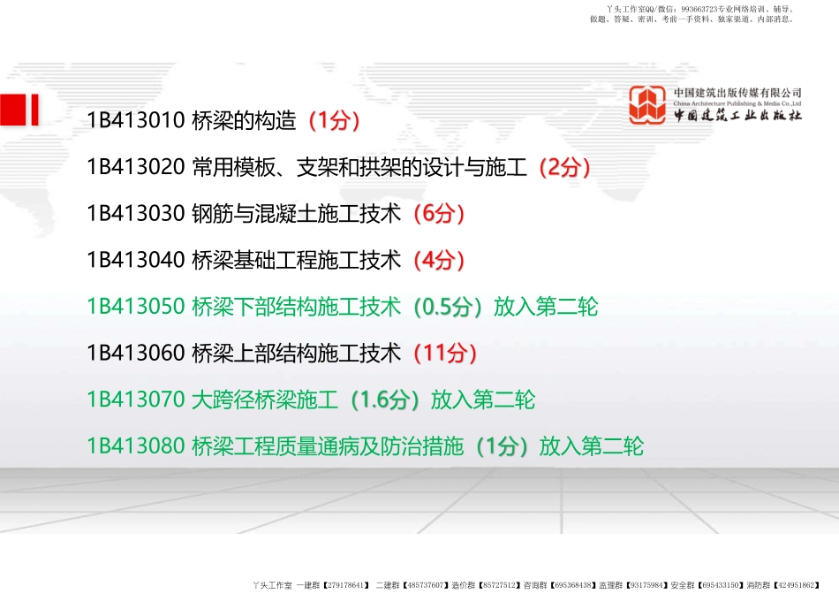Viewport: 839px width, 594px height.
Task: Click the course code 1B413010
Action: coord(136,120)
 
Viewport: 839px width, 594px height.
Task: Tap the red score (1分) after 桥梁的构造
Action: coord(334,121)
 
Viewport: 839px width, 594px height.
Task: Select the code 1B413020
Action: coord(136,167)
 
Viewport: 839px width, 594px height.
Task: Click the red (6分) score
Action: coord(439,214)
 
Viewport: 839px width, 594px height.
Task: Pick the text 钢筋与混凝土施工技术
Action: coord(297,214)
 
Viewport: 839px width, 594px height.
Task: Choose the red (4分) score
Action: coord(439,260)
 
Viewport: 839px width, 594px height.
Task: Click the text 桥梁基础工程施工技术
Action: coord(297,260)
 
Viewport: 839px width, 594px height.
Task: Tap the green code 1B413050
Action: coord(136,307)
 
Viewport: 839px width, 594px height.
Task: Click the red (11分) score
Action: coord(445,354)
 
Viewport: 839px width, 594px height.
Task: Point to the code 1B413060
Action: coord(136,354)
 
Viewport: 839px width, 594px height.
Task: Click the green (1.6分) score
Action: coord(385,400)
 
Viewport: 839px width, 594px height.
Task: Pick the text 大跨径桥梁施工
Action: coord(265,400)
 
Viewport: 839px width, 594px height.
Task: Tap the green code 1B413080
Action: coord(136,446)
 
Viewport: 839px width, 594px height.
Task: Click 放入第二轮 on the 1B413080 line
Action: coord(591,446)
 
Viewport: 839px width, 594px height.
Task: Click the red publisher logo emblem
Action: coord(647,105)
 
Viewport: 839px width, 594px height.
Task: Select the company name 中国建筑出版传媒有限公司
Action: coord(737,93)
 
